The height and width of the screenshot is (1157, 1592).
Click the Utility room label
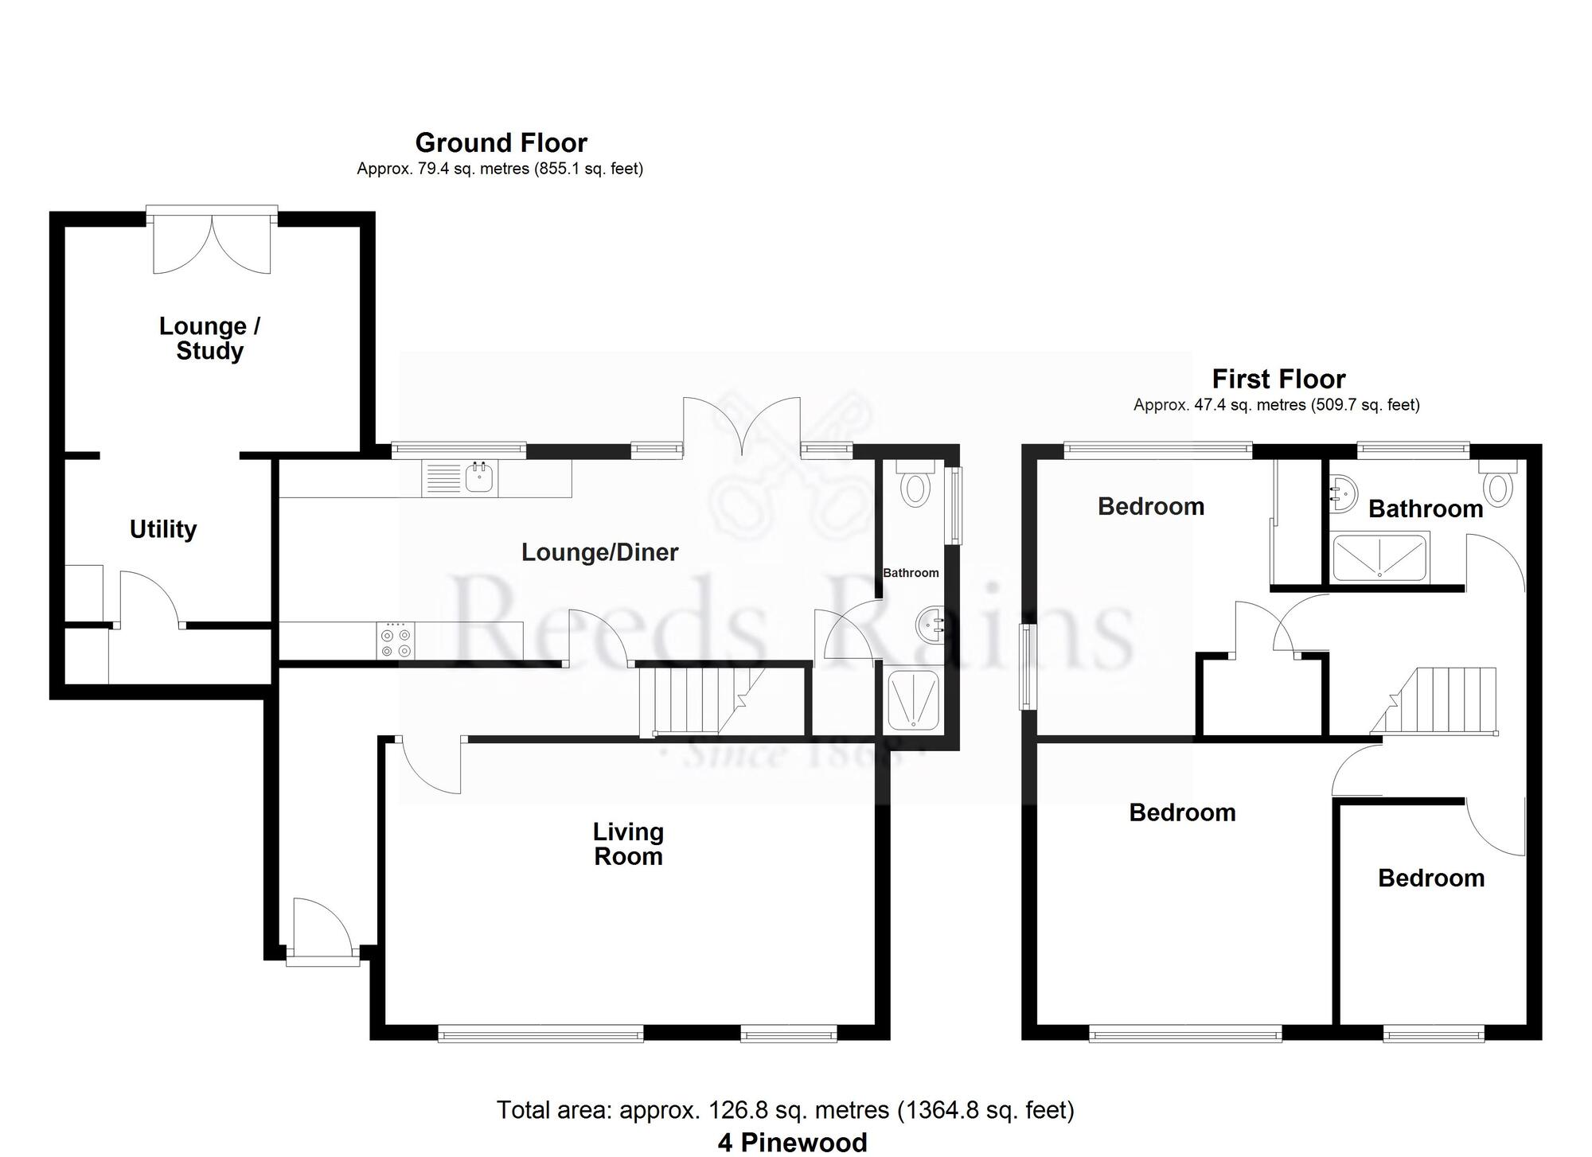pos(163,529)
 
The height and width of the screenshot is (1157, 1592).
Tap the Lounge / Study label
pos(209,338)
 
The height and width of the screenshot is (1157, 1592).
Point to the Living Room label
pos(628,844)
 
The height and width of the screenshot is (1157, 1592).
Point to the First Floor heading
pos(1278,379)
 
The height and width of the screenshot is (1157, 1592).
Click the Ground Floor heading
pos(501,143)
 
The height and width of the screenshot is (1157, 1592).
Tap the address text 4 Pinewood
pos(792,1142)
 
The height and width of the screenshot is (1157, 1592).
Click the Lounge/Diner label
pos(599,552)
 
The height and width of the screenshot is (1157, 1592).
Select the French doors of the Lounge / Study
pos(212,243)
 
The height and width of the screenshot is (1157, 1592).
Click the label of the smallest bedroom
pos(1430,878)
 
